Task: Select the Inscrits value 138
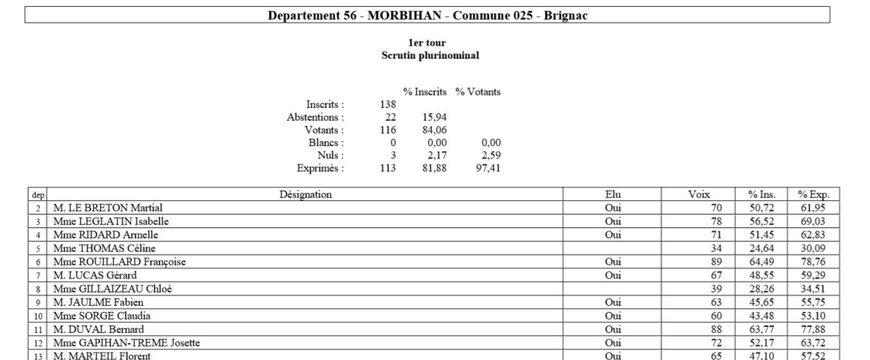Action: (388, 105)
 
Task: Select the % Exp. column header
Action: (814, 195)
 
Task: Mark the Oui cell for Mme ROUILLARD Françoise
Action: (613, 262)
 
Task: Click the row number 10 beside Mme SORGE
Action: (37, 316)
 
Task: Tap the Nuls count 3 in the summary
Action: (392, 156)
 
